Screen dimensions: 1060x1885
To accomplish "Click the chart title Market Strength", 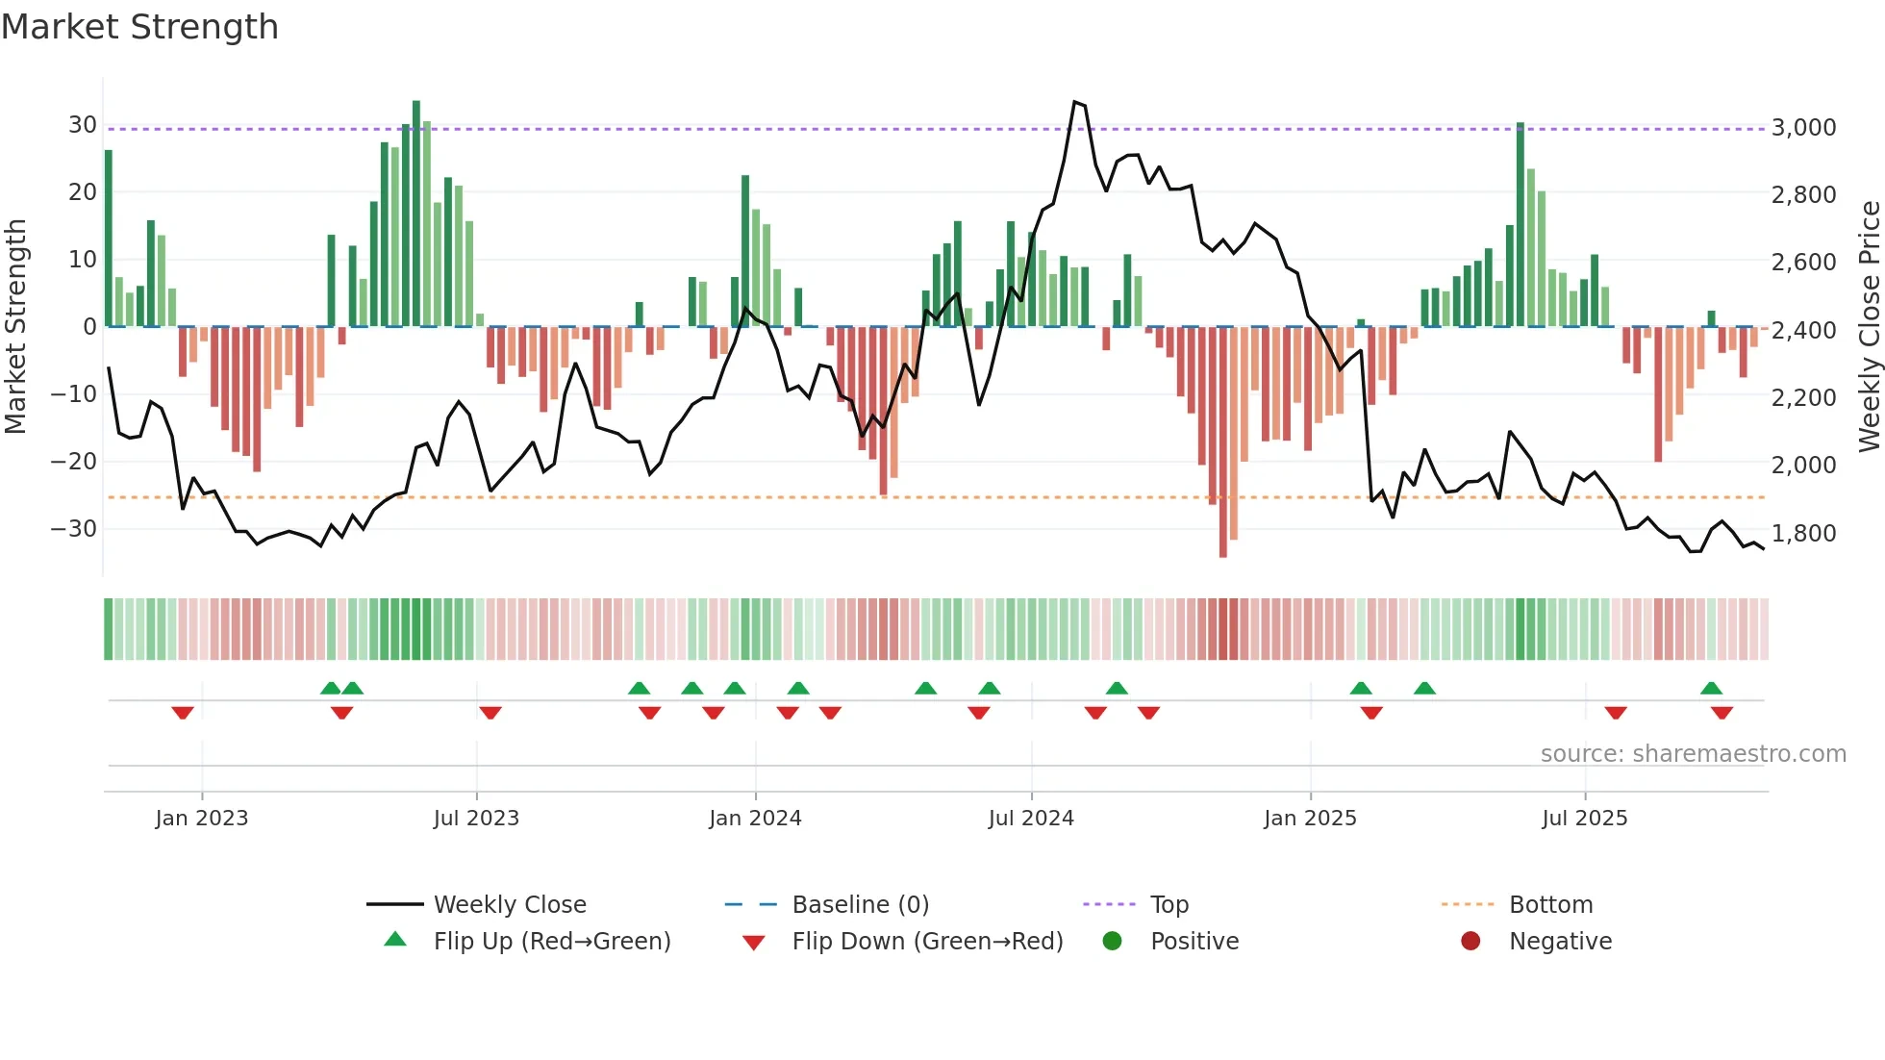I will (x=139, y=27).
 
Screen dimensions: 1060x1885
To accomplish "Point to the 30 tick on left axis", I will (x=82, y=125).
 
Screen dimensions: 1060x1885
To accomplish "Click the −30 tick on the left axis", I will (x=74, y=529).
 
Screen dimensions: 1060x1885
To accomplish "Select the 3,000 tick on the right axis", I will (x=1803, y=128).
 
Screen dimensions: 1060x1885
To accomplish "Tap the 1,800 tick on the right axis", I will (x=1803, y=534).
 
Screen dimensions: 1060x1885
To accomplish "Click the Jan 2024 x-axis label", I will (x=755, y=819).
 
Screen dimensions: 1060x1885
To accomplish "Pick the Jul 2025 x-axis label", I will (x=1584, y=819).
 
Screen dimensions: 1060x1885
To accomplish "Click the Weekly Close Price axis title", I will (x=1869, y=327).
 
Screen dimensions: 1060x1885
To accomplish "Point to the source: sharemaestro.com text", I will (x=1693, y=754).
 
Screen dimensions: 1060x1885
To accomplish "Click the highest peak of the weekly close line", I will (x=1075, y=102).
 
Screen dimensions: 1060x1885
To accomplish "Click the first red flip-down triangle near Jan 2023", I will (x=183, y=712).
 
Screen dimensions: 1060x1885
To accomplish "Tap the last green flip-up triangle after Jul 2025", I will (x=1711, y=689).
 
